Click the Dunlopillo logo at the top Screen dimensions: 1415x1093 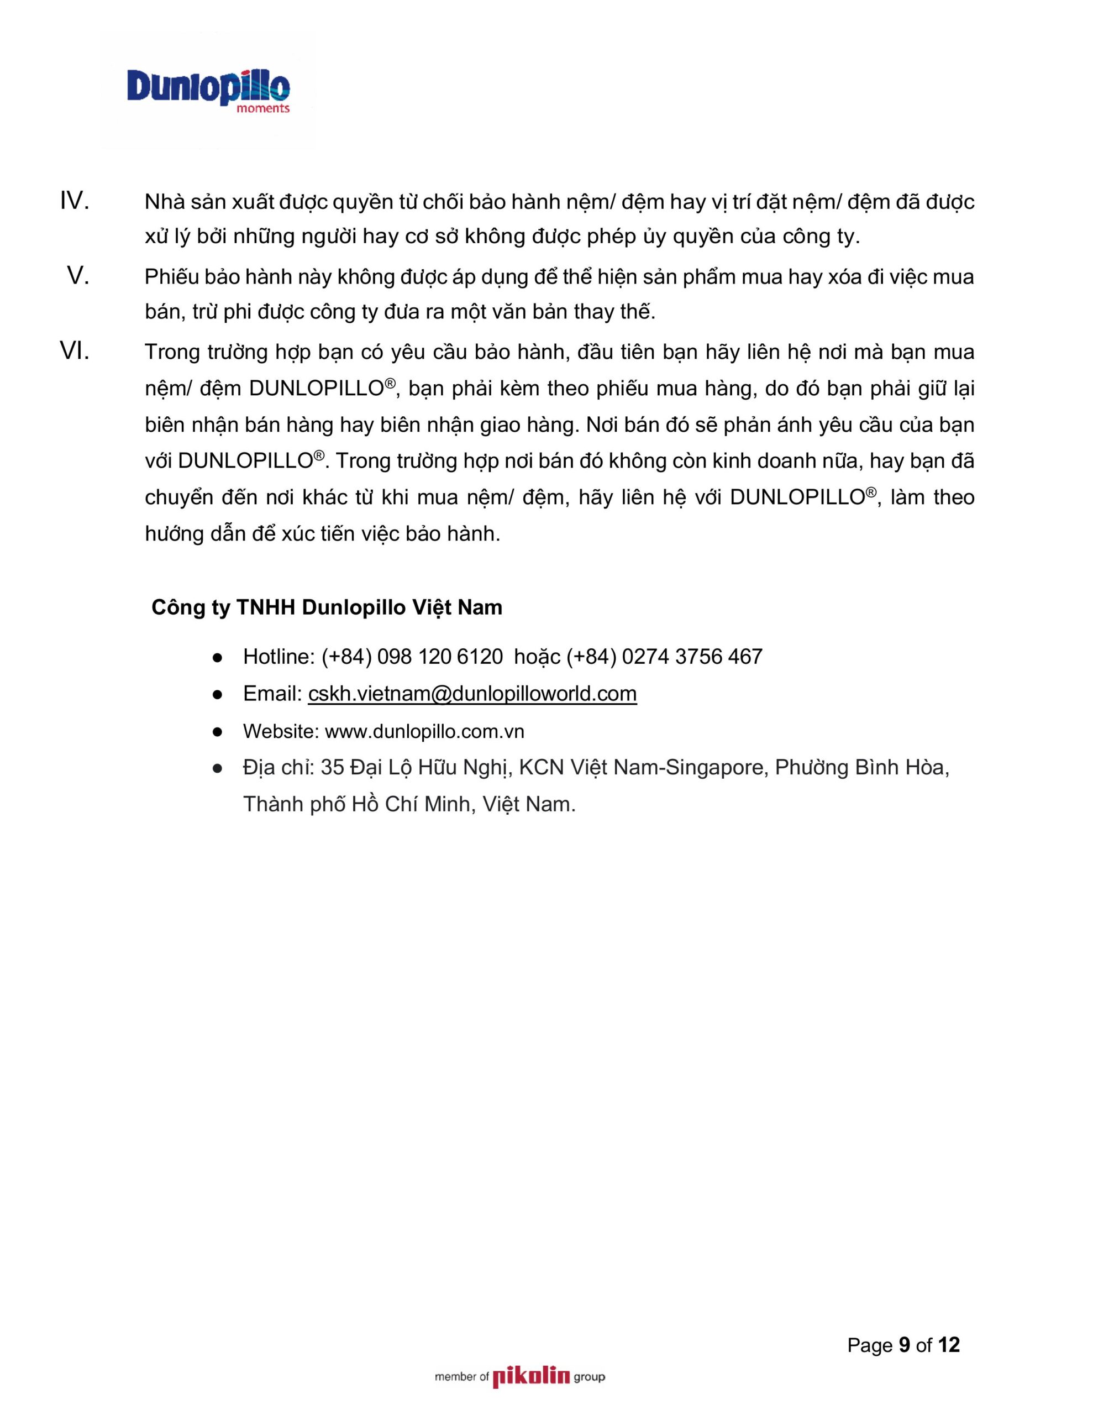point(208,88)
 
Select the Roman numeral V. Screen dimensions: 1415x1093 point(78,277)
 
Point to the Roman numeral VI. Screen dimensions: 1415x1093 point(75,352)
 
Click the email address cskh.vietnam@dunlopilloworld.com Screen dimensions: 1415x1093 point(472,694)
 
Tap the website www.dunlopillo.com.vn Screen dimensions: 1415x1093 point(424,731)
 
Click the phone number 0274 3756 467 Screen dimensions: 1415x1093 point(692,657)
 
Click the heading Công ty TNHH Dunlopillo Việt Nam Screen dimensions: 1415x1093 point(327,607)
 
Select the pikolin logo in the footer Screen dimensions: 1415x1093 point(530,1377)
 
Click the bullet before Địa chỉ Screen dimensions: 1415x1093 point(218,768)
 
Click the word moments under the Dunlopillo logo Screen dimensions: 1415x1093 point(263,109)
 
